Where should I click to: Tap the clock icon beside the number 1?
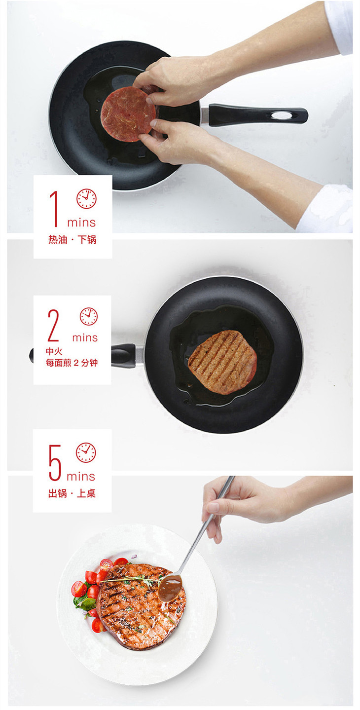click(x=86, y=199)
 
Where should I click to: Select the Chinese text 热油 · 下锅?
click(x=72, y=240)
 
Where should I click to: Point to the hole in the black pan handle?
click(x=281, y=115)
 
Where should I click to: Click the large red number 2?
click(x=53, y=325)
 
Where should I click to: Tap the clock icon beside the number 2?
click(x=89, y=316)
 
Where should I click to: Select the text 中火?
click(x=54, y=351)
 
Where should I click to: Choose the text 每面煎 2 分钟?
click(x=72, y=363)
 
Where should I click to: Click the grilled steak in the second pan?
click(x=222, y=362)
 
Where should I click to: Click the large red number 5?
click(x=55, y=462)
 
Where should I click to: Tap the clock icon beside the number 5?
click(x=86, y=452)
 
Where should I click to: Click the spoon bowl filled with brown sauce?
click(x=170, y=588)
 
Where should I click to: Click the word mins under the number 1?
click(x=81, y=223)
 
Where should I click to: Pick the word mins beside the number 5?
click(x=81, y=477)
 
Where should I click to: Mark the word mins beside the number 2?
click(x=85, y=337)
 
